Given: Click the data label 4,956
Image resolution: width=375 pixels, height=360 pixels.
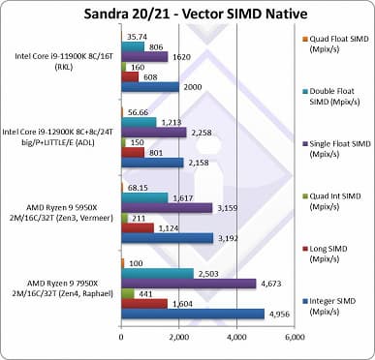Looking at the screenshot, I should [x=277, y=313].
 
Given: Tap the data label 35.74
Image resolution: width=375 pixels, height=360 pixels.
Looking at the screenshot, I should [x=138, y=36].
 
